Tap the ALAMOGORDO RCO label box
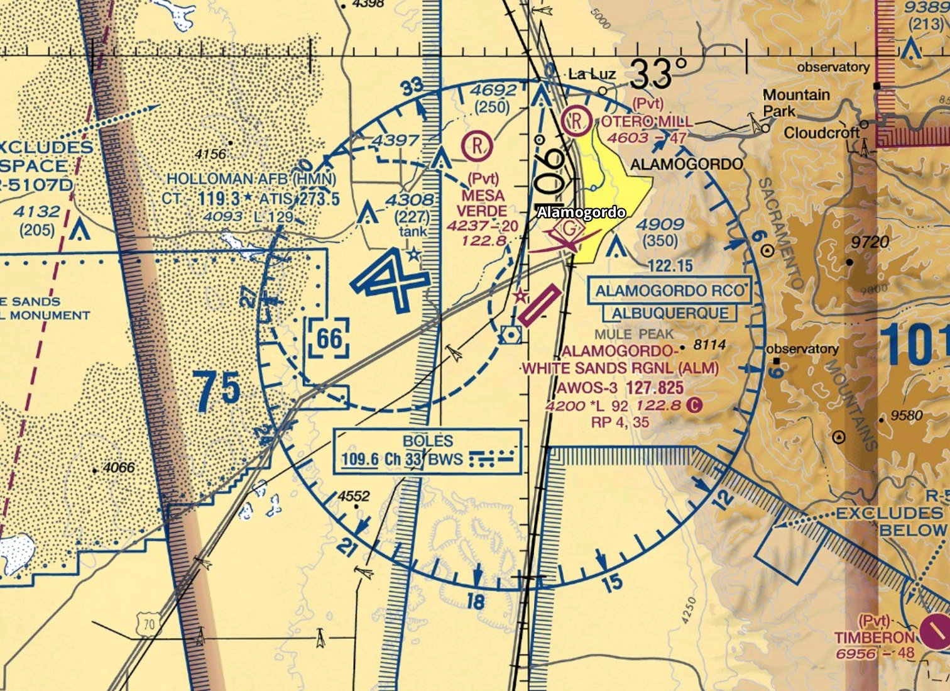click(670, 290)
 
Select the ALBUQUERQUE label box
click(670, 313)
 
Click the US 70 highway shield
click(148, 624)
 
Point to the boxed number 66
click(329, 339)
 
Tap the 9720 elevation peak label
click(870, 242)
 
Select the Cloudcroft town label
click(822, 133)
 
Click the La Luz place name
click(592, 74)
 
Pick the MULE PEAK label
click(633, 334)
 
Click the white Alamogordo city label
click(581, 213)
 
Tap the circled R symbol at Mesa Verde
click(478, 146)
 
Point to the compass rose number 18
click(475, 601)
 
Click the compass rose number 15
click(612, 583)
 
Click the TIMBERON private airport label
click(873, 637)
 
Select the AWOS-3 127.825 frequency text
click(620, 387)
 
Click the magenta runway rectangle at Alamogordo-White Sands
click(538, 306)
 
